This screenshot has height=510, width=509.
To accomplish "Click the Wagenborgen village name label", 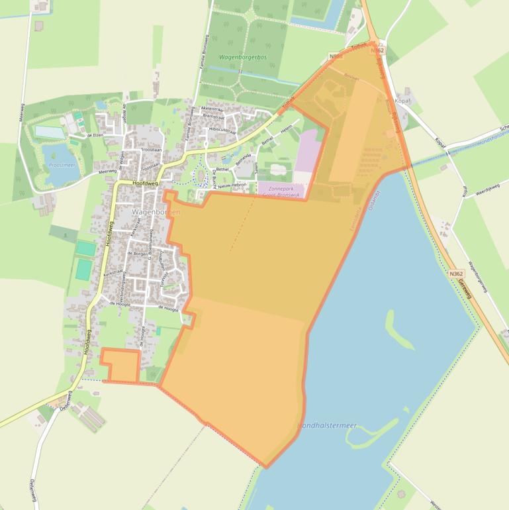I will (156, 212).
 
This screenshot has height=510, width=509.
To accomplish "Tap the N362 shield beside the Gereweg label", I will (455, 274).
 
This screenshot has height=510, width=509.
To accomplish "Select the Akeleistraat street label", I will (213, 108).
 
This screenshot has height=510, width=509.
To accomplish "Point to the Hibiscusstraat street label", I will (223, 130).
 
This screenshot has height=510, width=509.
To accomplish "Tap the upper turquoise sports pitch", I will (85, 248).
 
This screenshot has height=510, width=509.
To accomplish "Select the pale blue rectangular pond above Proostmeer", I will (50, 132).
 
